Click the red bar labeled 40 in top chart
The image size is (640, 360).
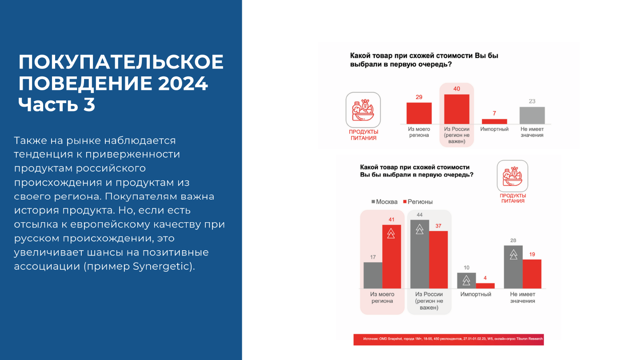click(x=456, y=109)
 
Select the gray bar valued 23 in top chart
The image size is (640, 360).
click(x=532, y=116)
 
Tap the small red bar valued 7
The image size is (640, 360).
click(x=494, y=121)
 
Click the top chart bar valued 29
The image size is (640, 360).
click(x=419, y=113)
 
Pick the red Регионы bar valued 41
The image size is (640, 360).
click(x=392, y=257)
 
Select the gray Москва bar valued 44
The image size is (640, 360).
click(x=420, y=254)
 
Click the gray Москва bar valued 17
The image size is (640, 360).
click(x=373, y=276)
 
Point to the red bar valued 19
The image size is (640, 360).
click(x=532, y=274)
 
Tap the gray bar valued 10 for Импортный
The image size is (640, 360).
click(x=466, y=281)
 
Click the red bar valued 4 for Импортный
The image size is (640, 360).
click(x=485, y=286)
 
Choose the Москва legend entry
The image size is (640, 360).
click(x=384, y=202)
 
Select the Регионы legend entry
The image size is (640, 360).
click(x=418, y=202)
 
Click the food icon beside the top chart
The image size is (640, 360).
click(x=363, y=110)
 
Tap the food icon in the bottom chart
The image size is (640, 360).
click(x=512, y=176)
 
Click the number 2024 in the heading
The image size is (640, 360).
click(x=182, y=84)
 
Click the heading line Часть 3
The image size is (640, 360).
click(x=56, y=104)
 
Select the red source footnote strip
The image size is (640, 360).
click(x=448, y=339)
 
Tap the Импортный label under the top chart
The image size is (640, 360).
click(x=494, y=129)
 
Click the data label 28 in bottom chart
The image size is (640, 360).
click(x=513, y=240)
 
